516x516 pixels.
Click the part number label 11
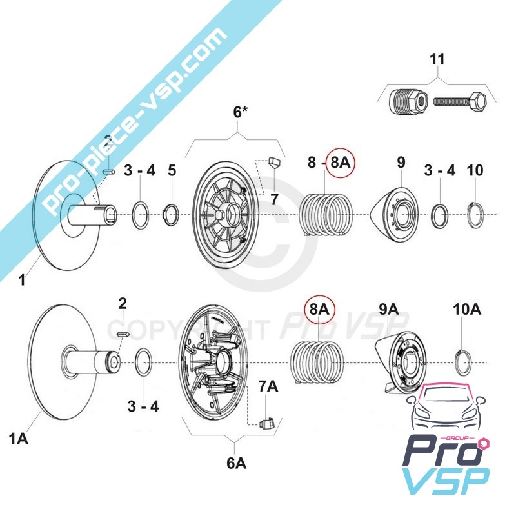[x=437, y=59]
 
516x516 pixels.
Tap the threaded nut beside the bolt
[x=408, y=101]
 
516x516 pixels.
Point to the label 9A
[x=388, y=310]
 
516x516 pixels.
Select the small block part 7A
[x=267, y=423]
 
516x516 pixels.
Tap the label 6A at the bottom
[x=236, y=462]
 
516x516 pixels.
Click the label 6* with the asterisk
[x=241, y=112]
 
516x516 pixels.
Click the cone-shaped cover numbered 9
[x=394, y=213]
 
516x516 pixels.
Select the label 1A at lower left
[x=18, y=439]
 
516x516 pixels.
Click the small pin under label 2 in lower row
[x=125, y=333]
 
